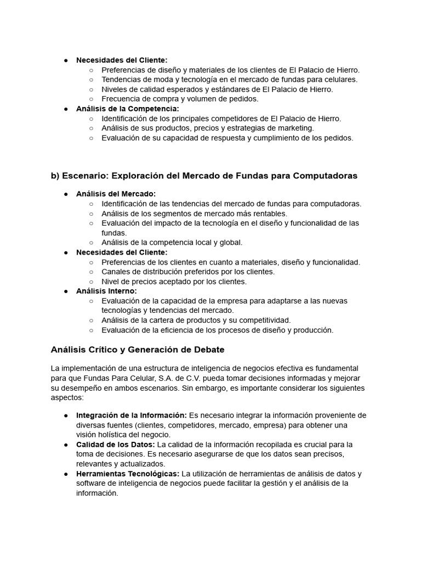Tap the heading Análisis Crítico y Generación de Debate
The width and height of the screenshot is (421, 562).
click(x=138, y=350)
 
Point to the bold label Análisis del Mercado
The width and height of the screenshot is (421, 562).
click(x=116, y=194)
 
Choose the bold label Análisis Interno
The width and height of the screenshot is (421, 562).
click(x=106, y=291)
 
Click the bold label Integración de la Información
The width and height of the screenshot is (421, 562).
click(x=132, y=415)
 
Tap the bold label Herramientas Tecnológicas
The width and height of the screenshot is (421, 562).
click(x=128, y=474)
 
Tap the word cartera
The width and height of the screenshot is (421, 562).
click(x=163, y=320)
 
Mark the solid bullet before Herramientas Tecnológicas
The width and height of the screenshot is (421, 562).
click(x=66, y=474)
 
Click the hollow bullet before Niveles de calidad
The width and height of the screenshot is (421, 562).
click(x=91, y=89)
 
